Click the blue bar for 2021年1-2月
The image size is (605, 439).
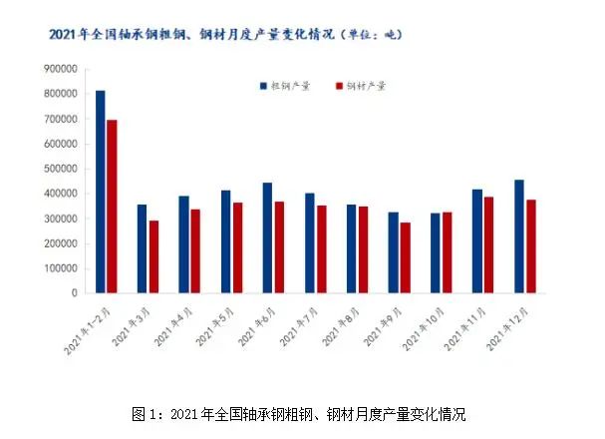100,192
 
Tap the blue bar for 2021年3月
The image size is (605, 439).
142,248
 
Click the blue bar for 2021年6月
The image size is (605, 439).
267,237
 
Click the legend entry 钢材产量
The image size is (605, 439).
365,87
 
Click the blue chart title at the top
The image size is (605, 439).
225,34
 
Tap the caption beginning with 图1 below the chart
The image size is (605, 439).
299,413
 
